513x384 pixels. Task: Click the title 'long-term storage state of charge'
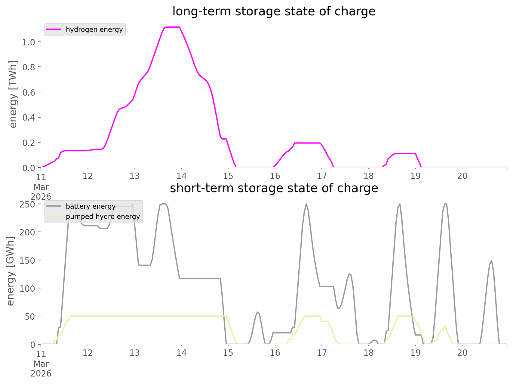[x=274, y=11]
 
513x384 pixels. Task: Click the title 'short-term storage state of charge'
[x=274, y=188]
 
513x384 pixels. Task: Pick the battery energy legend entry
[x=90, y=206]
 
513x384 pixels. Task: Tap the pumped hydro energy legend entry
[x=103, y=217]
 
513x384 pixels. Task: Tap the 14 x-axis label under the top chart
[x=181, y=176]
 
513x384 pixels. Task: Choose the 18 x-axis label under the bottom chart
[x=369, y=353]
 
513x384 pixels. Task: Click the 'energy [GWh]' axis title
[x=11, y=271]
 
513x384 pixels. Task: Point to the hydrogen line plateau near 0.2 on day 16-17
[x=307, y=143]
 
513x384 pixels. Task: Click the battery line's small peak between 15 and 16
[x=258, y=312]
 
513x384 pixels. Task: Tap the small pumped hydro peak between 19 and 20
[x=444, y=326]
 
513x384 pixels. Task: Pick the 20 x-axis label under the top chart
[x=462, y=176]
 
